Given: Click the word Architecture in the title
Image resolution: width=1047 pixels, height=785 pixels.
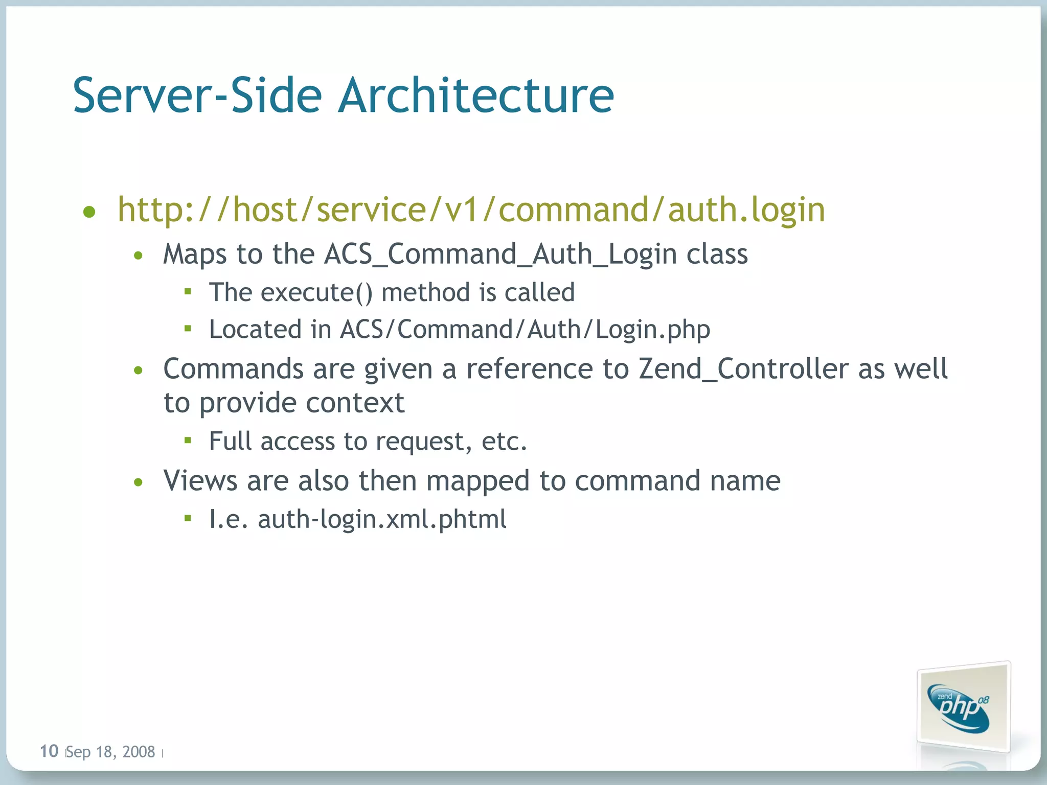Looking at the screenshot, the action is click(476, 96).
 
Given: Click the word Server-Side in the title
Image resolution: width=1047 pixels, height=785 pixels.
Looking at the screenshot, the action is click(197, 96).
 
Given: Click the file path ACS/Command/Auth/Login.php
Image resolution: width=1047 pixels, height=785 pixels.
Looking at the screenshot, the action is click(525, 329).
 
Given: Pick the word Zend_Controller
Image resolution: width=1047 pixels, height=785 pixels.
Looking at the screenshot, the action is click(743, 368).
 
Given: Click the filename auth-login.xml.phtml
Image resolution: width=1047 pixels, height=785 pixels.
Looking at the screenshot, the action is click(382, 519).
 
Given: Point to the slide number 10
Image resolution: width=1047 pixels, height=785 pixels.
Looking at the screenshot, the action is click(49, 751).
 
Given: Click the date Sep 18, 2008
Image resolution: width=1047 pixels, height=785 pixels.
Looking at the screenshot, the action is click(110, 752).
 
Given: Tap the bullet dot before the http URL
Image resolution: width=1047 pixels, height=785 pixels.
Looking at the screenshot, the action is click(89, 212).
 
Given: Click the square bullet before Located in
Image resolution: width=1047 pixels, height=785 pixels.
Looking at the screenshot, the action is click(188, 329).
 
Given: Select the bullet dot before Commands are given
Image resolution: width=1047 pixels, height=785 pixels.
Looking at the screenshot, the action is click(138, 370).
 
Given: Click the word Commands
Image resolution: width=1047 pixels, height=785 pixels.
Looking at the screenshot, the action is click(233, 368).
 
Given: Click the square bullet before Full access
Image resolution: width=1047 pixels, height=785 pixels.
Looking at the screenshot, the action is click(188, 441).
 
